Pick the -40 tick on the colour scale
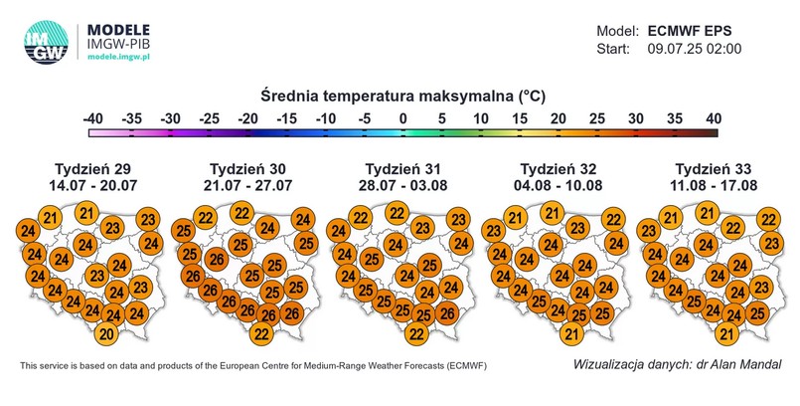[x=94, y=119]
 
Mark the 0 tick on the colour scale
[x=402, y=119]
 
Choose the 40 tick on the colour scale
[x=712, y=119]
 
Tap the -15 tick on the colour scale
[x=287, y=119]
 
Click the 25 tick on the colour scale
[x=595, y=119]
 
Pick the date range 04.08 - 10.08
[x=557, y=184]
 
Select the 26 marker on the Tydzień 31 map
[x=447, y=313]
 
